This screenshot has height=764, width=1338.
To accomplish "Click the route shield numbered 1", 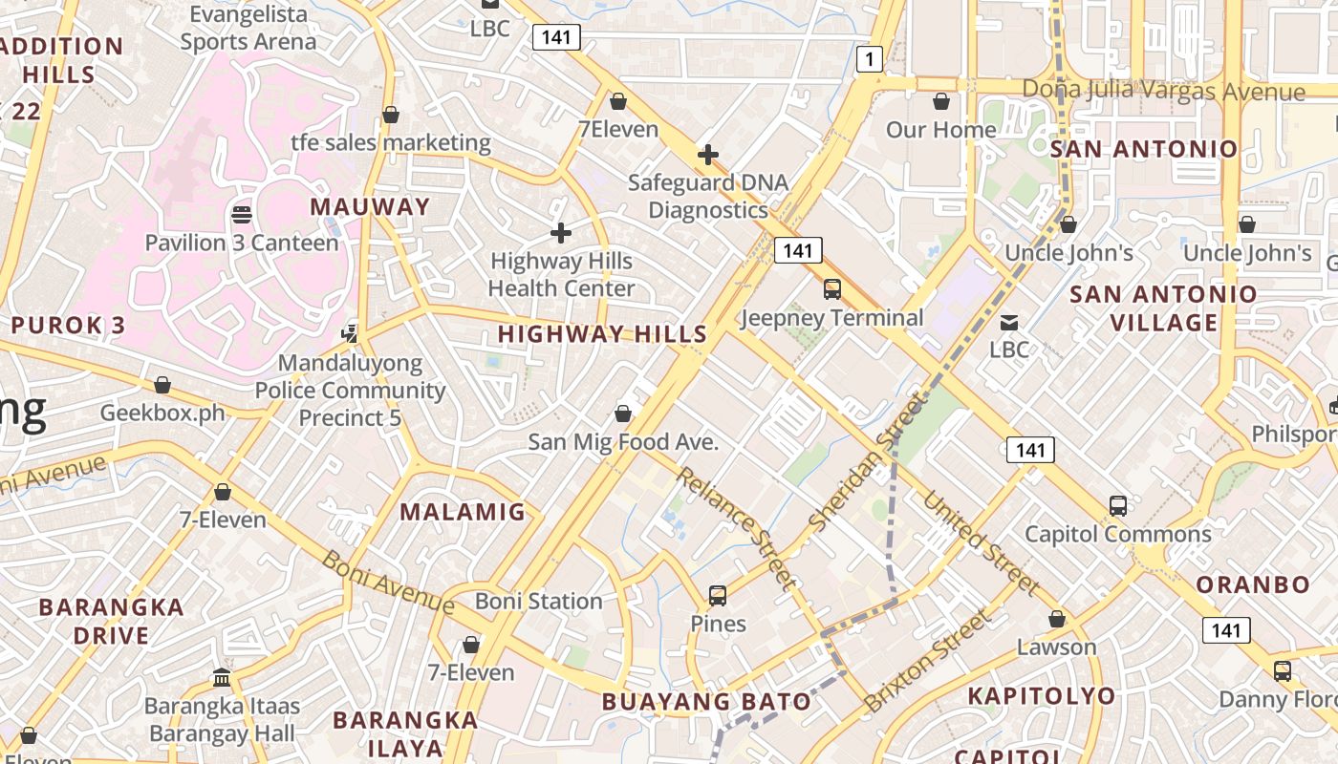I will click(x=869, y=60).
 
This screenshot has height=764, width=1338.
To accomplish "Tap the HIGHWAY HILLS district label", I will click(x=602, y=334).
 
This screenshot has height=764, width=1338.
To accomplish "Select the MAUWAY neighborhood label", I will click(x=370, y=206).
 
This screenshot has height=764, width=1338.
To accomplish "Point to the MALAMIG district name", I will click(x=463, y=512).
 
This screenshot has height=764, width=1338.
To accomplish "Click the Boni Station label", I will click(x=539, y=602).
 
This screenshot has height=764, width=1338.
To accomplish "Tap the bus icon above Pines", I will click(x=718, y=596).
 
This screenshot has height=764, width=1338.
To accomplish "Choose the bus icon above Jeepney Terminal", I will click(x=832, y=289).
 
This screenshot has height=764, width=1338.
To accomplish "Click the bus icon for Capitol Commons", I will click(x=1118, y=506).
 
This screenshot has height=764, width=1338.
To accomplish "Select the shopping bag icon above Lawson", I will click(x=1056, y=620).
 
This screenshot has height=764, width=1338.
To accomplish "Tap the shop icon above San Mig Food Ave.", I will click(x=623, y=414).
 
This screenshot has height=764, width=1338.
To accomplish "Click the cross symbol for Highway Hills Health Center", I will click(x=561, y=232).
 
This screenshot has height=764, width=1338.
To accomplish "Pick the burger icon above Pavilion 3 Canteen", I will click(x=242, y=214).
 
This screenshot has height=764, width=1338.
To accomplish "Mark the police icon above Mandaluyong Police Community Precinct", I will click(x=351, y=334).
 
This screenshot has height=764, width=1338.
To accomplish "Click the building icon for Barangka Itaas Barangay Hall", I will click(x=222, y=678).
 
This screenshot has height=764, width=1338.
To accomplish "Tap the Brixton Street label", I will click(x=928, y=661).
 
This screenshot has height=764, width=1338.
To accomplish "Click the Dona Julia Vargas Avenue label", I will click(x=1163, y=91).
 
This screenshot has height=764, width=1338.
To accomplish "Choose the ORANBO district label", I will click(x=1253, y=584).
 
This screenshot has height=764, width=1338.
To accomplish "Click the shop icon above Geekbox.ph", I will click(x=162, y=385).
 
